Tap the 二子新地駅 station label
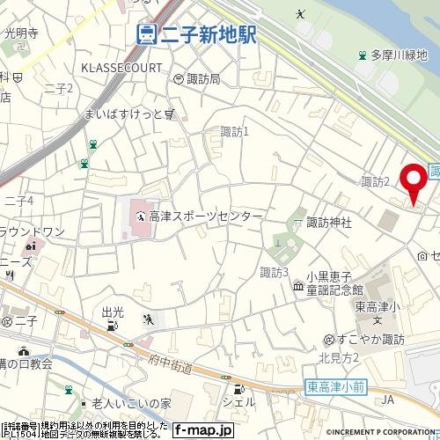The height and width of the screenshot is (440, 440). (208, 34)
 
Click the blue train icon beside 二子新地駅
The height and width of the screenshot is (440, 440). (147, 34)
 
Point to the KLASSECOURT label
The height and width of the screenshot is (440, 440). (121, 67)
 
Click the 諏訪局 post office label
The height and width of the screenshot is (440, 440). (203, 79)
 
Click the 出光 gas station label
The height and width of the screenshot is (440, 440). (113, 312)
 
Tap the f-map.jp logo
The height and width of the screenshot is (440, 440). (202, 430)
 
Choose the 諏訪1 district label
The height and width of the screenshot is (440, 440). (235, 132)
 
